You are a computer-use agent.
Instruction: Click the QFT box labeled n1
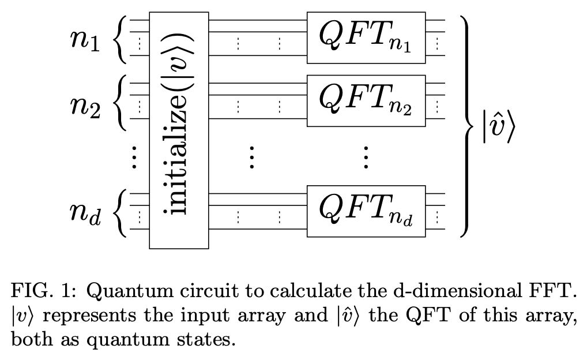coord(366,37)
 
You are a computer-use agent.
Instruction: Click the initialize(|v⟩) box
coord(179,130)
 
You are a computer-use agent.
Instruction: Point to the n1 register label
coord(85,41)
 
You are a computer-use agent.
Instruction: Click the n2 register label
coord(85,104)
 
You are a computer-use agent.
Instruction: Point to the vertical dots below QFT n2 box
coord(366,157)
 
